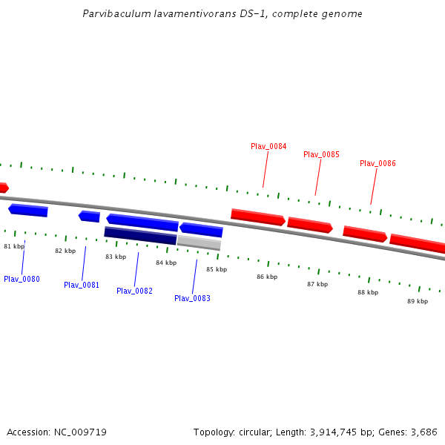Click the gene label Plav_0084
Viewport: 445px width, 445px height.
268,146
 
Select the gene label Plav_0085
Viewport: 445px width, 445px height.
321,154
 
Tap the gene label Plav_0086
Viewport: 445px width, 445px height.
378,163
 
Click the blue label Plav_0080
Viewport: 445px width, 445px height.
22,279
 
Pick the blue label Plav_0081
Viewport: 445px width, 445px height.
82,285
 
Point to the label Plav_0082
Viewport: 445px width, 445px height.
134,291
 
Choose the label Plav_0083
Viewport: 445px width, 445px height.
192,298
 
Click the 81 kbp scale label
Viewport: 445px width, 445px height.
14,246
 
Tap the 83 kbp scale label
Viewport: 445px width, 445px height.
116,257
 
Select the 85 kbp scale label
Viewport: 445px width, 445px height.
217,269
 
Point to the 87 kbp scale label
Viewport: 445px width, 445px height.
317,284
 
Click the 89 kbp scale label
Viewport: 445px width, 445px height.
418,301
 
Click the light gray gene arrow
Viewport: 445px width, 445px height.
199,243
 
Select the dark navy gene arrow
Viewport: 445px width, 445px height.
140,235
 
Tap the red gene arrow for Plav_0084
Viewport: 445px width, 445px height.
258,217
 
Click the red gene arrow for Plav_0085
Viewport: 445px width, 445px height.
310,224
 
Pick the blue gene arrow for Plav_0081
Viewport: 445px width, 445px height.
90,217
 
